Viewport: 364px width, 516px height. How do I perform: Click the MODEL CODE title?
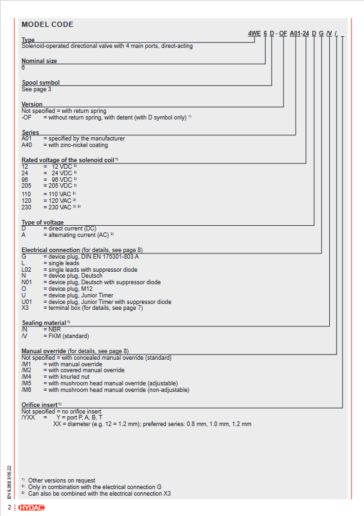47,24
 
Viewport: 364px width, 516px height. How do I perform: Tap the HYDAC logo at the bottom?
31,507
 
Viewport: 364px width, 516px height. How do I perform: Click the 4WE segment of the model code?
254,33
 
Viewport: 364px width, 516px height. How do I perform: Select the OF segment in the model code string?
283,33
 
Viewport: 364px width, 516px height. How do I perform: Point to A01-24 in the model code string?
299,33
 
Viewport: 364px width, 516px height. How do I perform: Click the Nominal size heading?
39,61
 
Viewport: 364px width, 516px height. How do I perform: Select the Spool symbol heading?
41,83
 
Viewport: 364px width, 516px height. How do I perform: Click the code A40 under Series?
27,145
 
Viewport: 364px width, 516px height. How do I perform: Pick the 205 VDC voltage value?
60,186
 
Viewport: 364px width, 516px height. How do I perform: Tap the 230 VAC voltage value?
60,207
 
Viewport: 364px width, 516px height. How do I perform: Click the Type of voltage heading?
43,223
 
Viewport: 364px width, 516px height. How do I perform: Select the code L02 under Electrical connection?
26,270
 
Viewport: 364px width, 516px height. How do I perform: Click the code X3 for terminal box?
25,308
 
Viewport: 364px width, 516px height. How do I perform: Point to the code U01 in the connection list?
27,302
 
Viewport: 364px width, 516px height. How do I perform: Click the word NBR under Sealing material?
54,330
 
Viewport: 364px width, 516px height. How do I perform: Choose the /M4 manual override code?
26,377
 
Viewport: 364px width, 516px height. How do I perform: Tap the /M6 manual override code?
26,390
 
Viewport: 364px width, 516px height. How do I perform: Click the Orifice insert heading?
39,405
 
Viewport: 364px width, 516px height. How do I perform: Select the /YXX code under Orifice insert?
28,418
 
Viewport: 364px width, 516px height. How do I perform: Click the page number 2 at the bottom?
10,507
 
